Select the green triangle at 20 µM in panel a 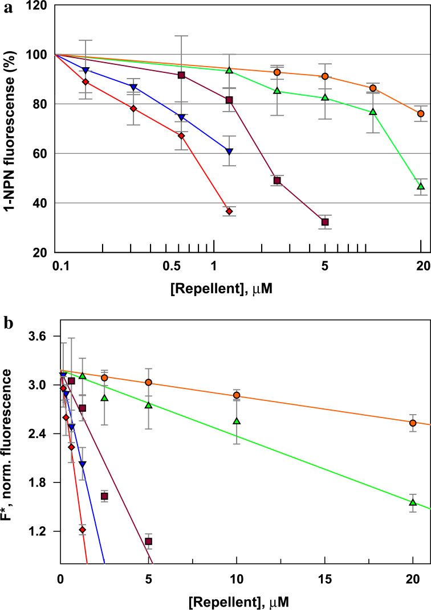(x=421, y=186)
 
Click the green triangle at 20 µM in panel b (x=413, y=502)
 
